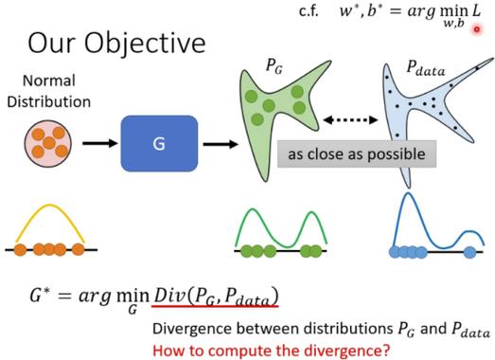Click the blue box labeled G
pos(159,143)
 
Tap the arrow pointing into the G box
pos(99,143)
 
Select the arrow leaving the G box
pos(221,144)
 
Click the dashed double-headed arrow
pos(350,119)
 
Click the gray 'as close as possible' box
pos(357,153)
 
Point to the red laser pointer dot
pos(477,29)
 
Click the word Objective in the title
pos(145,44)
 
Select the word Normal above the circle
pos(49,81)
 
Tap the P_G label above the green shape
pos(274,66)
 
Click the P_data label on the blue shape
pos(426,68)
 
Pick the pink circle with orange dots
pos(48,143)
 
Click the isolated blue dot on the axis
pos(469,252)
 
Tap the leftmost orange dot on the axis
pos(20,250)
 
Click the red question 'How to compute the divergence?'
pos(272,351)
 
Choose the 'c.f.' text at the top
pos(309,11)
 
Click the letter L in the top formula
pos(476,11)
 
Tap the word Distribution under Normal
pos(49,102)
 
